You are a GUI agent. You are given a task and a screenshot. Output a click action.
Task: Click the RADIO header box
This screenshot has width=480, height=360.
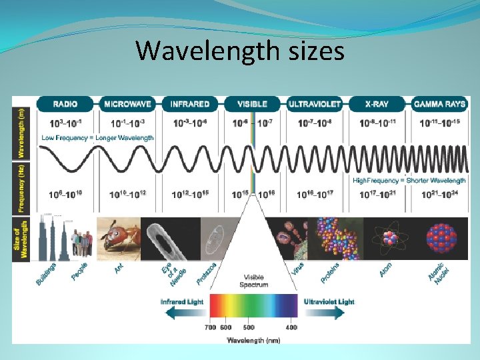point(65,104)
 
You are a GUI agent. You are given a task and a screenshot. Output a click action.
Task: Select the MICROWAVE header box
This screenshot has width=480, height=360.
point(127,104)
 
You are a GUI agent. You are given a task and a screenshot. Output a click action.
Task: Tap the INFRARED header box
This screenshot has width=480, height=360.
point(189,104)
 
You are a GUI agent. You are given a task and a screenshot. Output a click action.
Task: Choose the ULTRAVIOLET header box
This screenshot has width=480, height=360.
point(314,104)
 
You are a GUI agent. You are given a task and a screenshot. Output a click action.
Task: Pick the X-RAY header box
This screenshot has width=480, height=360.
point(377,104)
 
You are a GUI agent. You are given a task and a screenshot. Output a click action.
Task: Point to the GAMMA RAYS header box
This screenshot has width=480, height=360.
point(439,104)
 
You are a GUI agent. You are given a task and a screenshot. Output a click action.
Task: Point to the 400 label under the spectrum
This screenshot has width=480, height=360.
point(291,327)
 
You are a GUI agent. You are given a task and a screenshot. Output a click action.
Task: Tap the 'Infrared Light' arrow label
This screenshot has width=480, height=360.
point(182,302)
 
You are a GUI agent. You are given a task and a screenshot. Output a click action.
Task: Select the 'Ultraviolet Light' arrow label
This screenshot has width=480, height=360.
point(329,302)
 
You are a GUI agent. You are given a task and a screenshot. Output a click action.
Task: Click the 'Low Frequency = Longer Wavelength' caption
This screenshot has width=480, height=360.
point(97,137)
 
